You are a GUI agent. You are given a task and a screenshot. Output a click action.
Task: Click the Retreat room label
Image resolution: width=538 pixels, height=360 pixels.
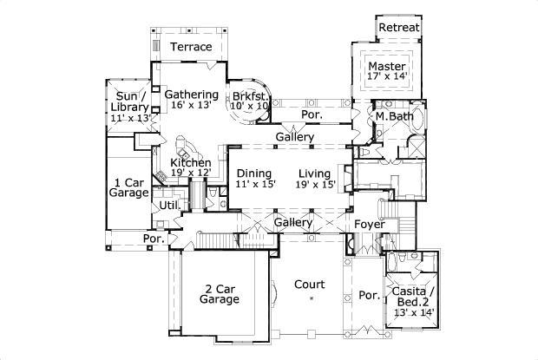point(400,28)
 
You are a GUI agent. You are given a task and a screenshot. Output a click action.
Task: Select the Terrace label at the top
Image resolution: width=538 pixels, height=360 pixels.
point(190,46)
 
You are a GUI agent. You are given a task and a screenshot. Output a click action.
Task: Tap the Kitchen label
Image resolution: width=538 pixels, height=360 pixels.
point(190,162)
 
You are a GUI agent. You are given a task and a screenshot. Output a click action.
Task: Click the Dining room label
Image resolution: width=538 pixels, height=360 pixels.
point(253,173)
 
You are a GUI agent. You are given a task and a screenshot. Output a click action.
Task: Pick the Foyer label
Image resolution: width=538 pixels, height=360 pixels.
point(369,224)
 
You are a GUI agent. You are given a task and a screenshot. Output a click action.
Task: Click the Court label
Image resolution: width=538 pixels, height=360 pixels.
point(309,285)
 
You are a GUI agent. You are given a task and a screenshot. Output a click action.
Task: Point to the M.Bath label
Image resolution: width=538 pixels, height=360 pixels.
point(393,115)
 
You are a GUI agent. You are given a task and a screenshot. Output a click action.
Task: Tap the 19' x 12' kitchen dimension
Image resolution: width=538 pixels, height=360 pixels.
point(190,173)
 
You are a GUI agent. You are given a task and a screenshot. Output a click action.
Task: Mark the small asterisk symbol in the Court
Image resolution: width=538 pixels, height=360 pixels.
point(312,298)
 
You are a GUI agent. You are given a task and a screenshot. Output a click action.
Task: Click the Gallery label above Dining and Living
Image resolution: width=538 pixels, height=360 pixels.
point(294,138)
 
